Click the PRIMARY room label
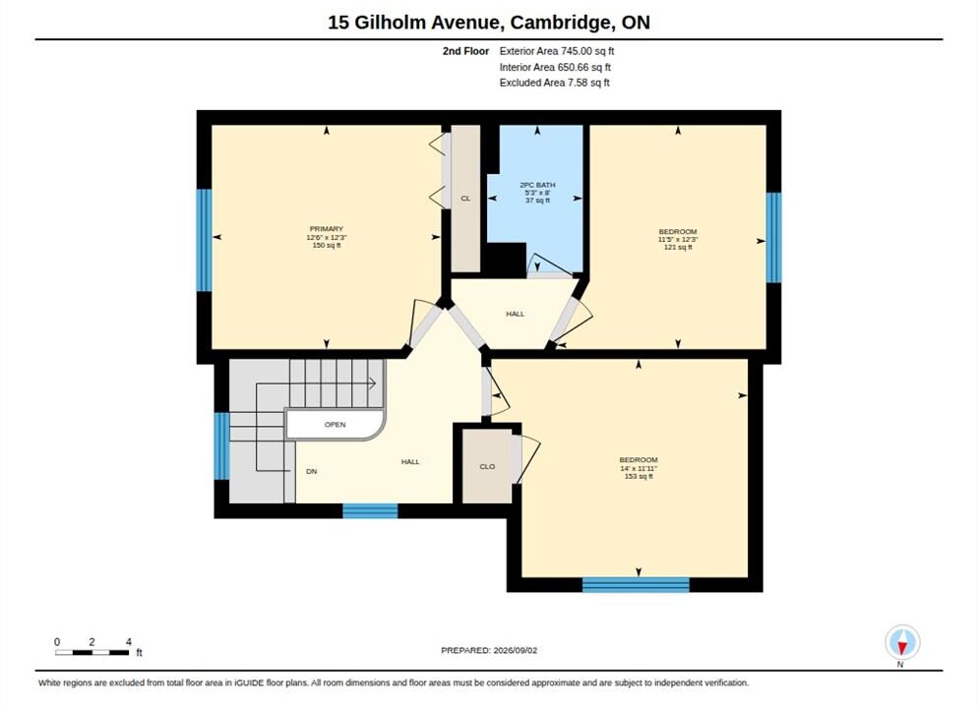point(327,229)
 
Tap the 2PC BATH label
point(537,185)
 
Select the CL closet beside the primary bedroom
point(465,199)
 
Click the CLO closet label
point(487,466)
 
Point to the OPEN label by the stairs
point(335,425)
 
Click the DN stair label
point(311,471)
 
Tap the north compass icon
point(902,642)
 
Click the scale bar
point(92,653)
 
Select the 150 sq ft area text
point(327,246)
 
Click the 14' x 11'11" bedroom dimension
point(639,468)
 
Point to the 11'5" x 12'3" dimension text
point(677,239)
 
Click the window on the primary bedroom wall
point(204,240)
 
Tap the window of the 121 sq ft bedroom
point(773,237)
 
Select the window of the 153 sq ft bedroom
point(636,585)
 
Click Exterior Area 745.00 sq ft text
point(556,51)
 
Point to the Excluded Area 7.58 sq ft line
point(555,83)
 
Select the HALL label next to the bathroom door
point(516,314)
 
